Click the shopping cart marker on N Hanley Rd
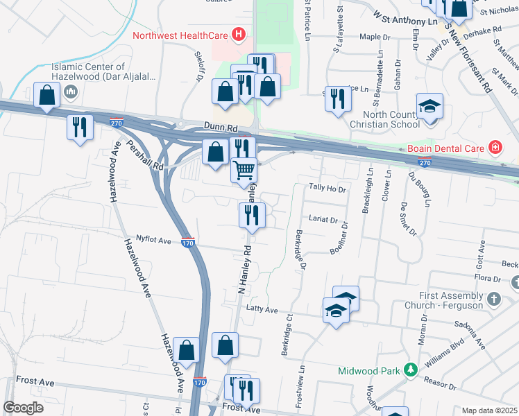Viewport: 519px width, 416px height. coord(244,169)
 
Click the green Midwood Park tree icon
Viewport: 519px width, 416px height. coord(411,370)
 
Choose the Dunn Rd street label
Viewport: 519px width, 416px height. coord(221,128)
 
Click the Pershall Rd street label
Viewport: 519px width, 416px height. coord(144,157)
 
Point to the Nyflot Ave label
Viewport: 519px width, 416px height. coord(153,241)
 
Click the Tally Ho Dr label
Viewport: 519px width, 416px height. coord(327,188)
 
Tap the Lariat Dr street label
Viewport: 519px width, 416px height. coord(323,220)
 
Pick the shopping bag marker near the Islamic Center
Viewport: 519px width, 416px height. coord(46,96)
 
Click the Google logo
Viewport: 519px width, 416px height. coord(24,408)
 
